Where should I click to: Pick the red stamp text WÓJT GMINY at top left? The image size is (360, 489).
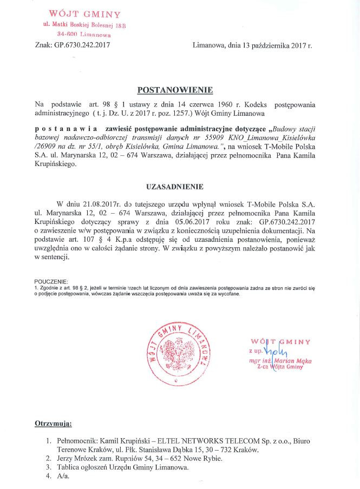coord(85,14)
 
